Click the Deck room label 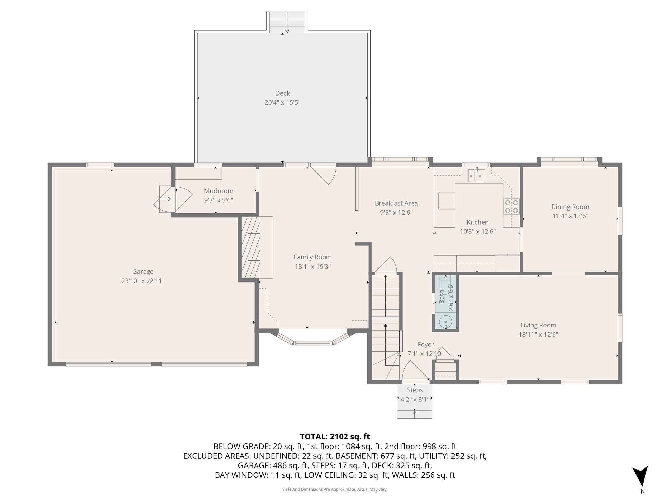(282, 93)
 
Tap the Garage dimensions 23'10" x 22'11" (143, 281)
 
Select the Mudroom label (219, 191)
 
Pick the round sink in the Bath (446, 322)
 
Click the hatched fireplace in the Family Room (251, 247)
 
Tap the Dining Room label (570, 207)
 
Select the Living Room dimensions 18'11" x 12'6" (538, 334)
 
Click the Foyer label (425, 345)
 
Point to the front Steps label (415, 390)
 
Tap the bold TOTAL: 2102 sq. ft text (335, 437)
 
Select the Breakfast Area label (396, 203)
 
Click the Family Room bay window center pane (312, 343)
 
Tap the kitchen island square (447, 201)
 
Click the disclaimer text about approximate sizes (335, 489)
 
